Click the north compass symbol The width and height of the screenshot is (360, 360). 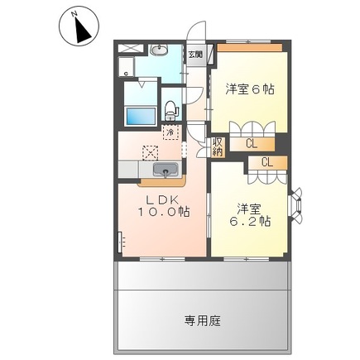tap(79, 27)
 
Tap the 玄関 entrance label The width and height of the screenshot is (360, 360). tap(194, 55)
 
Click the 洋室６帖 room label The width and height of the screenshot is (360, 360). tap(250, 89)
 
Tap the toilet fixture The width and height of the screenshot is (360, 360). tap(171, 108)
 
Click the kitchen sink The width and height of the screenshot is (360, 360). tap(166, 171)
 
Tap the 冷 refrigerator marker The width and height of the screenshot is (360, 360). tap(170, 132)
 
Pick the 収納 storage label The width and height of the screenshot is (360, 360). tap(218, 146)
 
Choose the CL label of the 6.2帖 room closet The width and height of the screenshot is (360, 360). tap(267, 162)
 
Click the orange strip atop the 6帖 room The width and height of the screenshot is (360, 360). tap(250, 48)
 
